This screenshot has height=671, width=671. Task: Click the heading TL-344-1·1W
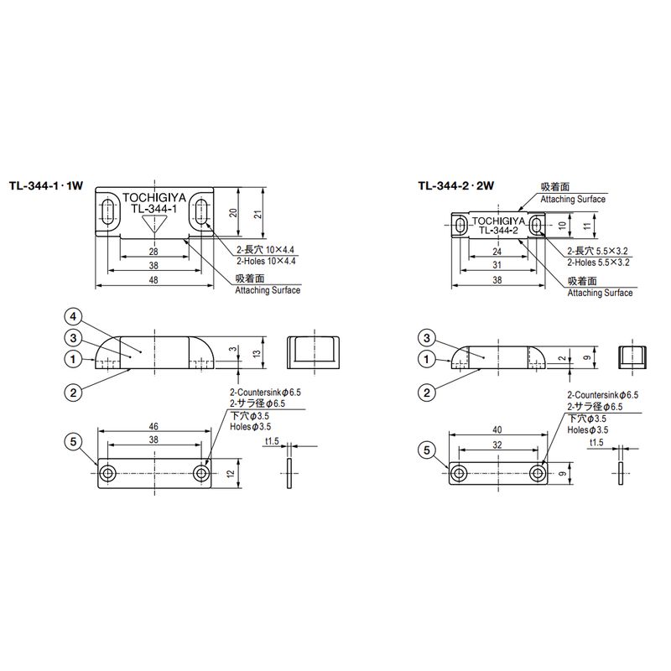(x=46, y=185)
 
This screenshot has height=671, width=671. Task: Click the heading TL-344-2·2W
(x=456, y=185)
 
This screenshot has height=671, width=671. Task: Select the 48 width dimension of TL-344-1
(x=153, y=280)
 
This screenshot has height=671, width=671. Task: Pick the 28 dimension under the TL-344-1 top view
(x=153, y=252)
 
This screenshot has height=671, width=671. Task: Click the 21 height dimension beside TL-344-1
(x=258, y=214)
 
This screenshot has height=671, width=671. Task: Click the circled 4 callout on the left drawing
(x=73, y=317)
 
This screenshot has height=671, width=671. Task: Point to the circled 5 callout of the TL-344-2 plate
(x=427, y=450)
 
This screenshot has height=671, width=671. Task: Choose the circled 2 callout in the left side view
(x=73, y=393)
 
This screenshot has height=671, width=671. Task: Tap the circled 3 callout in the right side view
(x=427, y=339)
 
